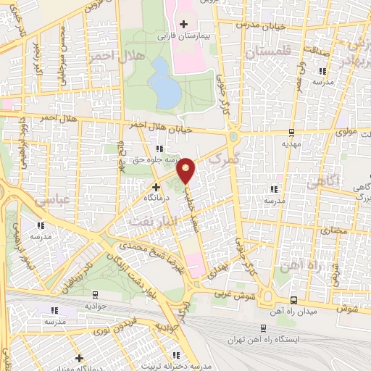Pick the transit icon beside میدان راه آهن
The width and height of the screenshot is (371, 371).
[x=293, y=300]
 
